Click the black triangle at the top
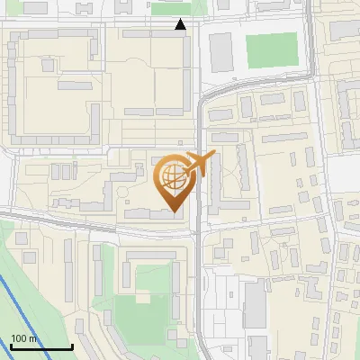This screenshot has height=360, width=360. pos(181,24)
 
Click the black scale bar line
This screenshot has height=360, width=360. pos(41,346)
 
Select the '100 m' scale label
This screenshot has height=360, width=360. pos(24,338)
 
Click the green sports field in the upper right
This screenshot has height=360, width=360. pos(272,50)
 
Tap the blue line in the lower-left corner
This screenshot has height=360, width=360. pos(27,306)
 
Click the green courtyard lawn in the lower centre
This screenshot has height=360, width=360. pos(144,315)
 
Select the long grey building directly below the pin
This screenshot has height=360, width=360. pos(149,213)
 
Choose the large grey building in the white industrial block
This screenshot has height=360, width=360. pos(255,304)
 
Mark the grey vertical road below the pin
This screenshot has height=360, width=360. pos(198,288)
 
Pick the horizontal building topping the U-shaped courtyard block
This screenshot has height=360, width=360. pos(153,257)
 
